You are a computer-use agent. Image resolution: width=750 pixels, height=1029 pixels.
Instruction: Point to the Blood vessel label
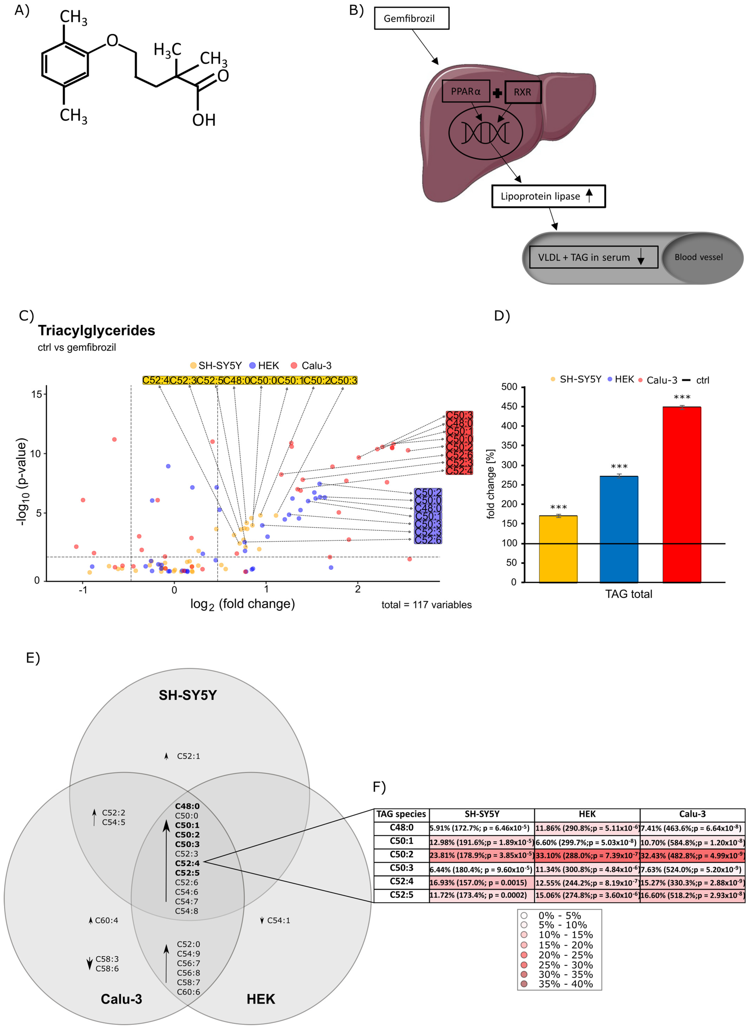click(x=698, y=257)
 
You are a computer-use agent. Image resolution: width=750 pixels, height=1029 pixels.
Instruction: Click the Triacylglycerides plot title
click(x=96, y=330)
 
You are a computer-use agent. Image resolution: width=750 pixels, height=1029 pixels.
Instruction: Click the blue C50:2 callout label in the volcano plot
click(x=428, y=492)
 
